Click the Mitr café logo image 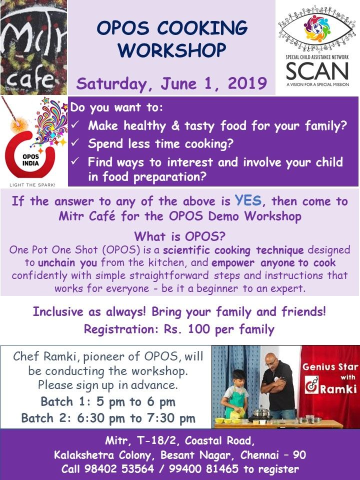click(33, 47)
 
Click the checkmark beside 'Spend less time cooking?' click(75, 144)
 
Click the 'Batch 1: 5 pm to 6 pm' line click(107, 401)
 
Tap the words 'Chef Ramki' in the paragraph click(40, 356)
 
